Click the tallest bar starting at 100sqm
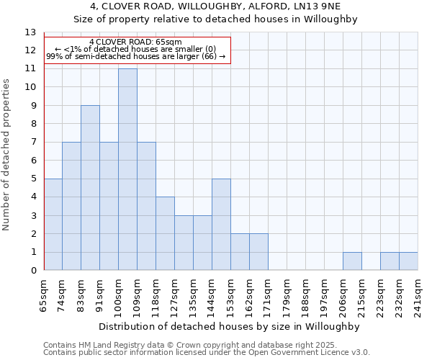click(x=127, y=170)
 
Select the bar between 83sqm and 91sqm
click(x=90, y=188)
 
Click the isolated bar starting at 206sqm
click(x=352, y=261)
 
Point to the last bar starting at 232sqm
click(x=408, y=261)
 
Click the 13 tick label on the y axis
click(x=30, y=32)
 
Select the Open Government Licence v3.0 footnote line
click(x=207, y=352)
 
